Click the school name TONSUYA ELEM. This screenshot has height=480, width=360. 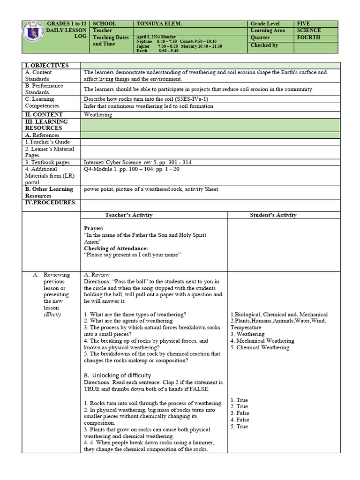point(157,23)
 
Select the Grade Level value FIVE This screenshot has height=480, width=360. point(303,23)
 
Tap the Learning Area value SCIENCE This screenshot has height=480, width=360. point(309,30)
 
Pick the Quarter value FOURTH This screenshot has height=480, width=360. point(308,37)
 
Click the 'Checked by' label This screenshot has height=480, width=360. point(264,45)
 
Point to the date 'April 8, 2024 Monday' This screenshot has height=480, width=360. point(156,37)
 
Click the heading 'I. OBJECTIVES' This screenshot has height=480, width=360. point(47,66)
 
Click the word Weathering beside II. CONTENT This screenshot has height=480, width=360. point(98,114)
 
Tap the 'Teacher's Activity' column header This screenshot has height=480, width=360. point(129,215)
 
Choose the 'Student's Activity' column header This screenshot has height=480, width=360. point(273,215)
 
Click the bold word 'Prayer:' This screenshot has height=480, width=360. point(94,228)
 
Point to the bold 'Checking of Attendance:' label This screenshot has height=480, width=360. point(116,248)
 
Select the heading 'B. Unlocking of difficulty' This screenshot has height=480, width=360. point(118,375)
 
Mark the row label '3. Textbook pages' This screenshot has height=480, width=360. point(47,163)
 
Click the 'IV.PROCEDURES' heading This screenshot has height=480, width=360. point(50,202)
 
